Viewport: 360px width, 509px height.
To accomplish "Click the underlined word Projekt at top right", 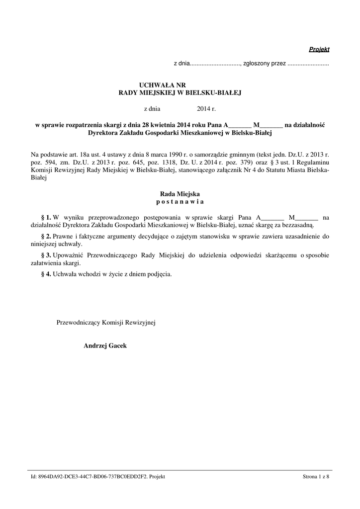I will (319, 49).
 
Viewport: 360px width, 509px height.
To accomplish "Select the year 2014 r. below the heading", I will (206, 108).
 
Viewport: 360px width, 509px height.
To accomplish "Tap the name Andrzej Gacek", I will (105, 345).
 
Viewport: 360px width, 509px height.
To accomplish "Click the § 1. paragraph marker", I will (46, 217).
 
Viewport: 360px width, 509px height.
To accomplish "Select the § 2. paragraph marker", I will (46, 236).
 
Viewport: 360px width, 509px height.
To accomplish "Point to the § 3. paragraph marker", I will (46, 255).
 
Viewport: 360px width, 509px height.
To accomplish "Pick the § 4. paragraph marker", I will (46, 274).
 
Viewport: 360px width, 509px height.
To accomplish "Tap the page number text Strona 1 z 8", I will (316, 477).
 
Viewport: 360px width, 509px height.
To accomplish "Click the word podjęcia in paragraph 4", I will (159, 274).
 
